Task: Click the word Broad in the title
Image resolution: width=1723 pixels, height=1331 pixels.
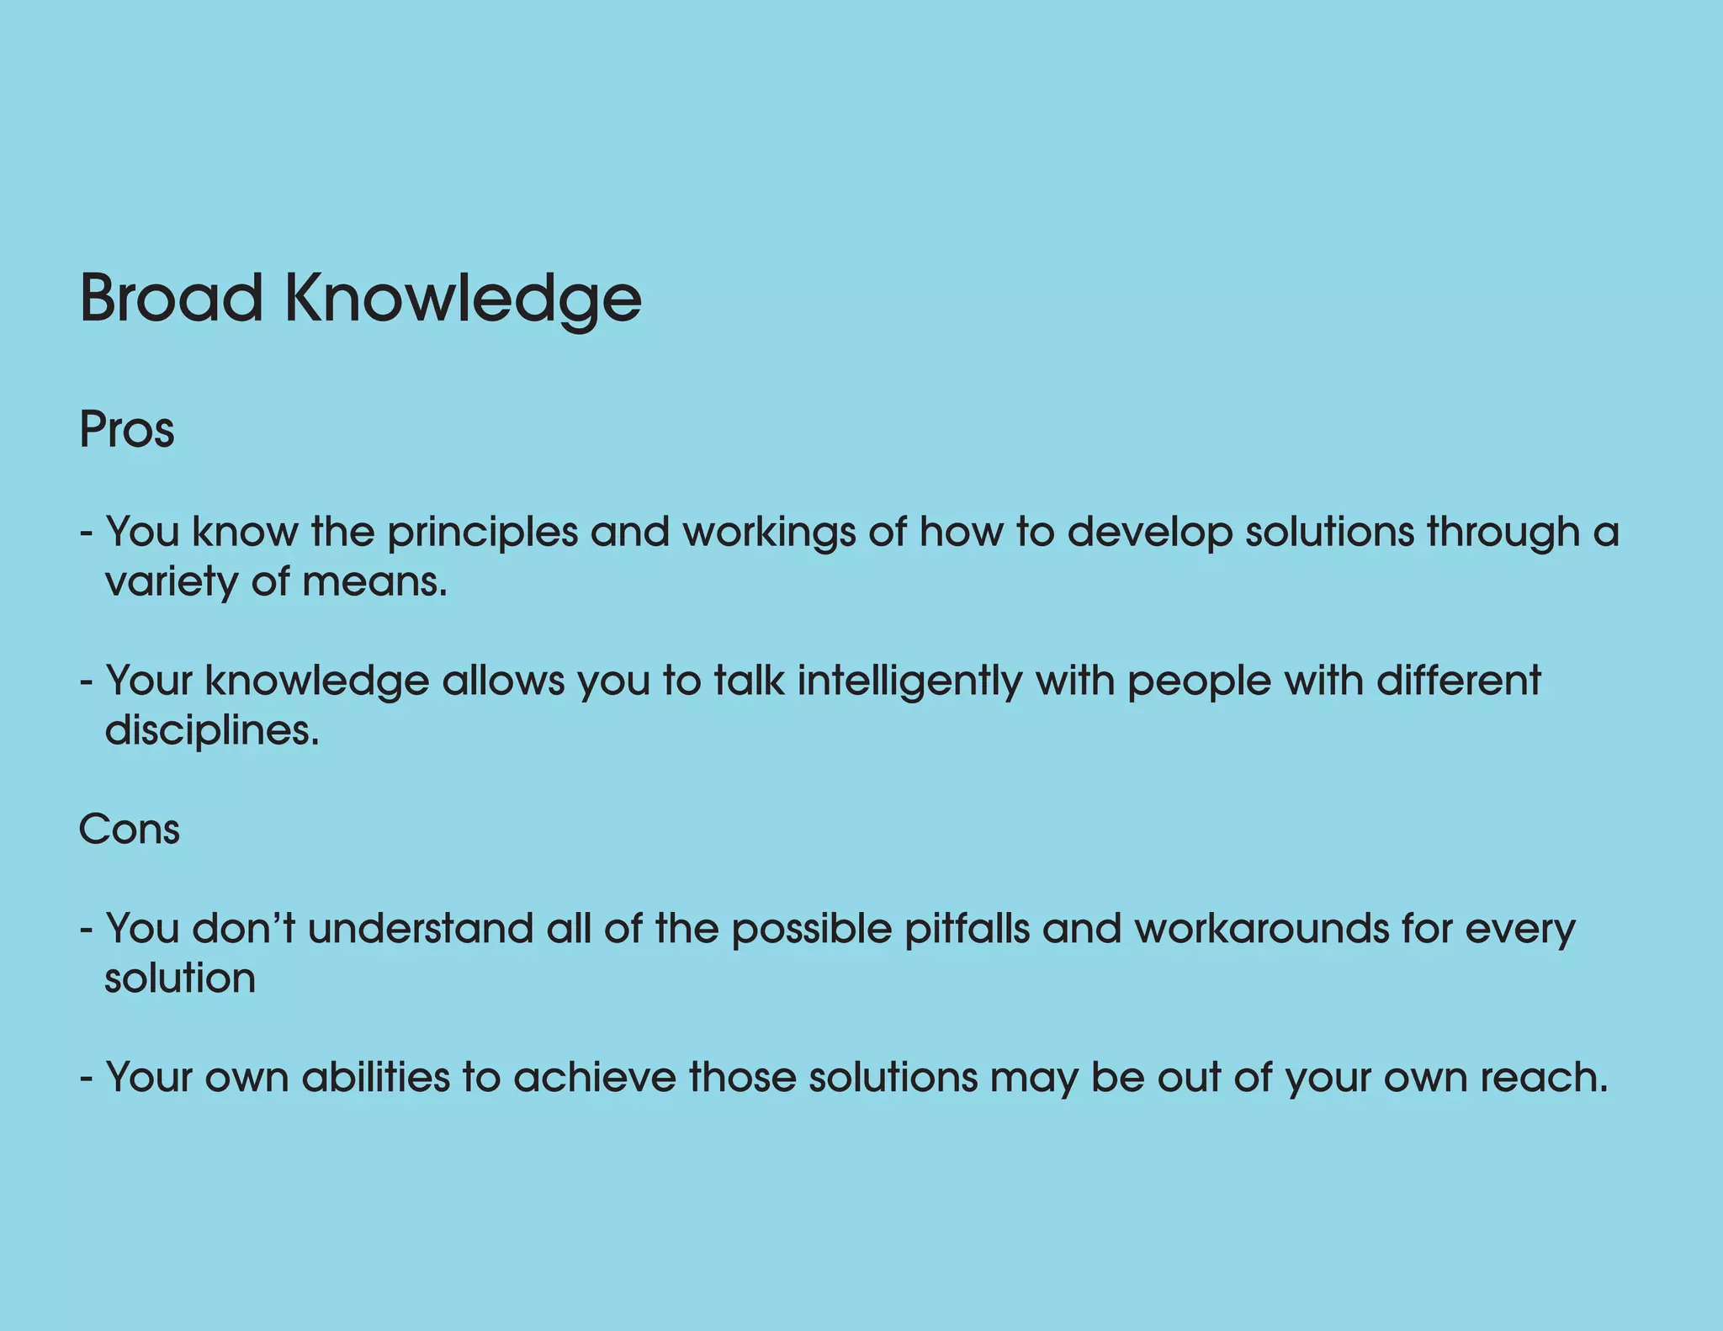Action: pos(171,298)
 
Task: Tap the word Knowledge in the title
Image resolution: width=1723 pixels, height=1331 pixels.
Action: pos(463,300)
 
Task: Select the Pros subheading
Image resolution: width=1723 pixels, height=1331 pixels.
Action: pos(126,430)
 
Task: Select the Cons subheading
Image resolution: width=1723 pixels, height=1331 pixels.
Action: pos(129,830)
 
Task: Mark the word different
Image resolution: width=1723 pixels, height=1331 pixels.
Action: pos(1459,681)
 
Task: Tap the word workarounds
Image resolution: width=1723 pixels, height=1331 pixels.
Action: pos(1261,929)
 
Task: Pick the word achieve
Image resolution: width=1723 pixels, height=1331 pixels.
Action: pos(595,1078)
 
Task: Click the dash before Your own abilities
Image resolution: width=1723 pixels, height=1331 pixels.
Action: pos(86,1079)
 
